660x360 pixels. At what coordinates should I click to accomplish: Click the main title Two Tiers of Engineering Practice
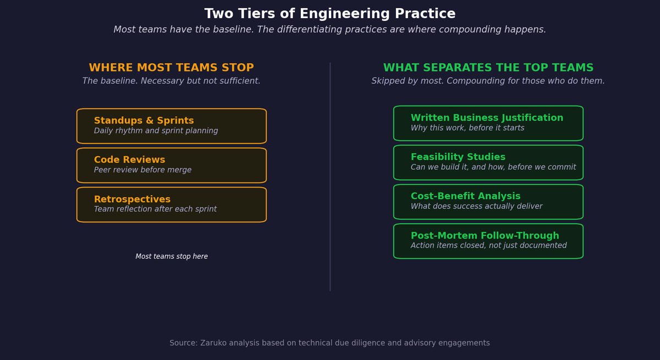[330, 14]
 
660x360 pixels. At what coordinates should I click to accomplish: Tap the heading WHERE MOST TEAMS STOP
[171, 68]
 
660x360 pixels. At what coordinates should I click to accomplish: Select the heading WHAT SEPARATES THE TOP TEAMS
[488, 68]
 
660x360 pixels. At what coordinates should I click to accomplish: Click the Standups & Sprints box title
[144, 121]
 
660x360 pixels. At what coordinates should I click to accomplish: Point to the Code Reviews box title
[129, 160]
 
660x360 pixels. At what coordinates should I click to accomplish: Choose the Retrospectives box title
[132, 200]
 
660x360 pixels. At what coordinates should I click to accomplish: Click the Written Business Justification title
[487, 118]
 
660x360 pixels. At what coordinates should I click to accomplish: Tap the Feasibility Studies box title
[458, 157]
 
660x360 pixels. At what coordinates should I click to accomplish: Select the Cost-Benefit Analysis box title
[465, 196]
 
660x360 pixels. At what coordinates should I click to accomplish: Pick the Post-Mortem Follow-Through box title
[485, 236]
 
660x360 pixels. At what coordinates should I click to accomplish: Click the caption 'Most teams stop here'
[172, 257]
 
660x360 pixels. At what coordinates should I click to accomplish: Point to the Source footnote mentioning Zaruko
[329, 343]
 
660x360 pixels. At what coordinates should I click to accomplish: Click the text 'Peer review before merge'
[142, 170]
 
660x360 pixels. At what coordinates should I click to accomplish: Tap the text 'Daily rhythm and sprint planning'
[156, 131]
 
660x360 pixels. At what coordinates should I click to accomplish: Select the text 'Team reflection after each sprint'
[155, 209]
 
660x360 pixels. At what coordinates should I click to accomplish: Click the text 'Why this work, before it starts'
[467, 128]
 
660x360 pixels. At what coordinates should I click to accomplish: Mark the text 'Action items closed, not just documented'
[488, 246]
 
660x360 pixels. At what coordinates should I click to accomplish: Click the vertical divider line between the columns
[330, 176]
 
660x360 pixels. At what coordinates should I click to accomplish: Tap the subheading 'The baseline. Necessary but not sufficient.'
[171, 81]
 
